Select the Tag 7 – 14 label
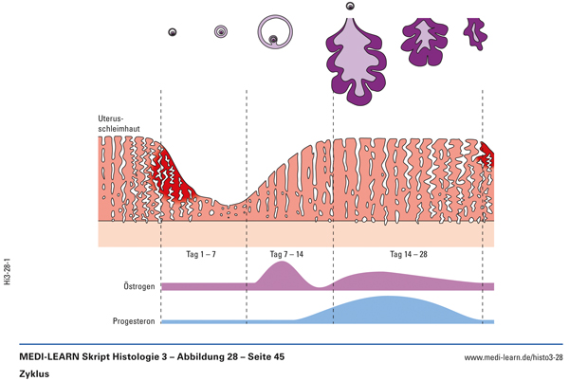(x=287, y=255)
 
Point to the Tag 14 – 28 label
(x=410, y=255)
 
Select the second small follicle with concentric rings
(x=221, y=32)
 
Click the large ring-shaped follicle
(x=275, y=31)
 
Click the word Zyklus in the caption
(x=34, y=372)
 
